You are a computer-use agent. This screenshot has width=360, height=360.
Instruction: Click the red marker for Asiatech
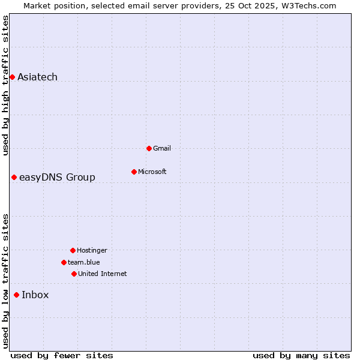point(12,77)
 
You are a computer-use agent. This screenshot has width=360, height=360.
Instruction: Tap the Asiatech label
point(37,77)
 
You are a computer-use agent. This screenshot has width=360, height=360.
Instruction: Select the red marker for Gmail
point(149,148)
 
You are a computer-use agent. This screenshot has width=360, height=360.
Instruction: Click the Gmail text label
point(162,148)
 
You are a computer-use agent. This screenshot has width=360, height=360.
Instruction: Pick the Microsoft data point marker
point(134,172)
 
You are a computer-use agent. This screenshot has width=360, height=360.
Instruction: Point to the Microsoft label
point(152,172)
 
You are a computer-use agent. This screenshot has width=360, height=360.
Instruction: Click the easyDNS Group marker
point(14,177)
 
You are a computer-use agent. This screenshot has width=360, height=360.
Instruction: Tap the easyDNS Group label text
point(57,177)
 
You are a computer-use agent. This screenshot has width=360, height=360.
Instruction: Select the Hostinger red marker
point(73,250)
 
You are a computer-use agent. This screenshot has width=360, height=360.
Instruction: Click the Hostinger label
point(92,250)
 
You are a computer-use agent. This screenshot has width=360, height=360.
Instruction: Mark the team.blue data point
point(64,262)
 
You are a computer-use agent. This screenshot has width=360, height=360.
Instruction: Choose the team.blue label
point(83,262)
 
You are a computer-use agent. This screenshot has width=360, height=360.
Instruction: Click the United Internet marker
point(74,274)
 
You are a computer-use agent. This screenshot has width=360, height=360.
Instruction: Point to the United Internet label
point(102,274)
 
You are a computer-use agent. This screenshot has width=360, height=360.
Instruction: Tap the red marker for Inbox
point(16,295)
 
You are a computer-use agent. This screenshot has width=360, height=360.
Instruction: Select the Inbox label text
point(35,295)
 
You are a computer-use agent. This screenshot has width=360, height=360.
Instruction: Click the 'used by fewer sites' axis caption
point(62,355)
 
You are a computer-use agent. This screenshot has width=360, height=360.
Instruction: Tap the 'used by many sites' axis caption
point(301,355)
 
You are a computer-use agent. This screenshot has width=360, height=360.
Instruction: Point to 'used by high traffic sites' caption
point(5,85)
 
